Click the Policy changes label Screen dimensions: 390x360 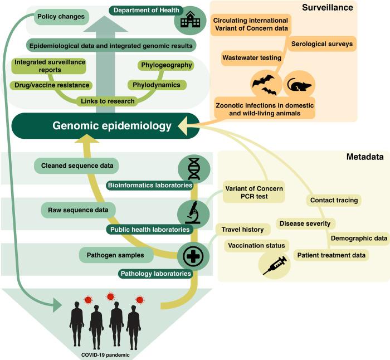tap(61, 17)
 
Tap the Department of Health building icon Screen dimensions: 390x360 tap(191, 20)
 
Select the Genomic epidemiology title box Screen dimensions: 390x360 tap(105, 125)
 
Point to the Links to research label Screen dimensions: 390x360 tap(108, 101)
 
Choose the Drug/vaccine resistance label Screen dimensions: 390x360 tap(52, 85)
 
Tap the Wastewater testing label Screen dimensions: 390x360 tap(252, 58)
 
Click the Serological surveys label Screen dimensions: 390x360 tap(322, 44)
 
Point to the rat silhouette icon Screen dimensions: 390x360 tap(299, 85)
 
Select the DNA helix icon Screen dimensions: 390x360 tap(194, 169)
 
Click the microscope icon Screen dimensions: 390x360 tap(193, 213)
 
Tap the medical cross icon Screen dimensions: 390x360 tap(193, 256)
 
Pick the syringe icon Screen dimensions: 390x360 tap(275, 265)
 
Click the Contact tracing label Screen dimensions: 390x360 tap(334, 200)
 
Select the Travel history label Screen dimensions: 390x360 tap(242, 230)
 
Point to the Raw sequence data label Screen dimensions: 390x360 tap(78, 210)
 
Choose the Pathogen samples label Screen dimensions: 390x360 tap(115, 255)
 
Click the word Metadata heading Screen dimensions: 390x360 tap(365, 157)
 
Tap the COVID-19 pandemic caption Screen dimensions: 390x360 tap(105, 355)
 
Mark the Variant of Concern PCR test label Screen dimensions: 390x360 tap(254, 192)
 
